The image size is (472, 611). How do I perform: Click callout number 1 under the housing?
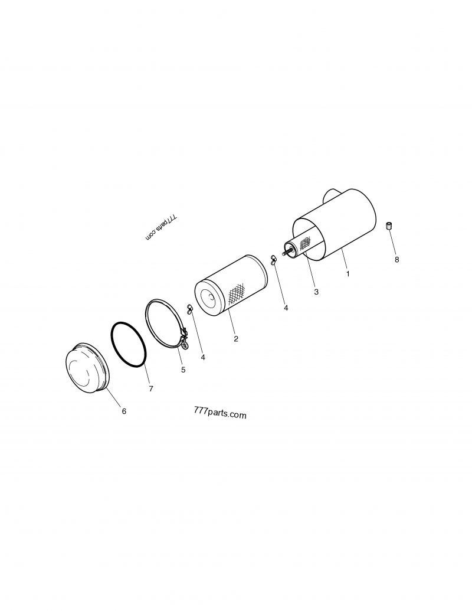348,274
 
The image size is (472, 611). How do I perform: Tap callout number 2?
236,339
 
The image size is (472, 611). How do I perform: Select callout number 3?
316,292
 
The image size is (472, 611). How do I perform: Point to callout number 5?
183,370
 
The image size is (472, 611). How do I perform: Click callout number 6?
124,411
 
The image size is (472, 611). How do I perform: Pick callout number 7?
151,389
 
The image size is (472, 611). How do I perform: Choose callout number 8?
396,259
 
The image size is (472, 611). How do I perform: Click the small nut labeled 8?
389,226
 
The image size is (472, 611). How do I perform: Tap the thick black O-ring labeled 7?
129,345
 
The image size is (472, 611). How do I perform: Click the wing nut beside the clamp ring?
189,309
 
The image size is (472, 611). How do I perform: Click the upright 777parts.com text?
219,414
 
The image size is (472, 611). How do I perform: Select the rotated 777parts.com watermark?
160,227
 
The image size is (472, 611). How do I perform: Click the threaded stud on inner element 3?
287,253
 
